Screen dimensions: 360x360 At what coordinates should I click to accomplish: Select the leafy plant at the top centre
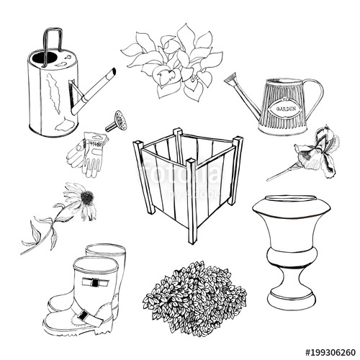[x=174, y=60]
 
